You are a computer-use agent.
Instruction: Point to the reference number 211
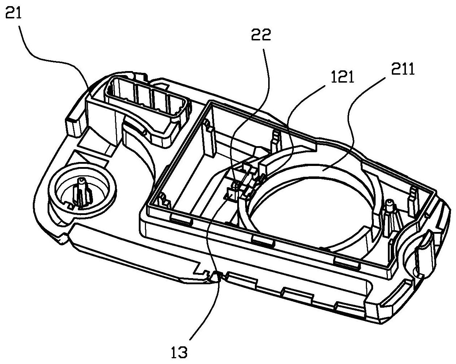(x=402, y=69)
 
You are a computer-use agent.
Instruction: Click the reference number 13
(x=179, y=352)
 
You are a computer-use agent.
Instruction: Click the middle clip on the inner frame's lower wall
(x=262, y=240)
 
